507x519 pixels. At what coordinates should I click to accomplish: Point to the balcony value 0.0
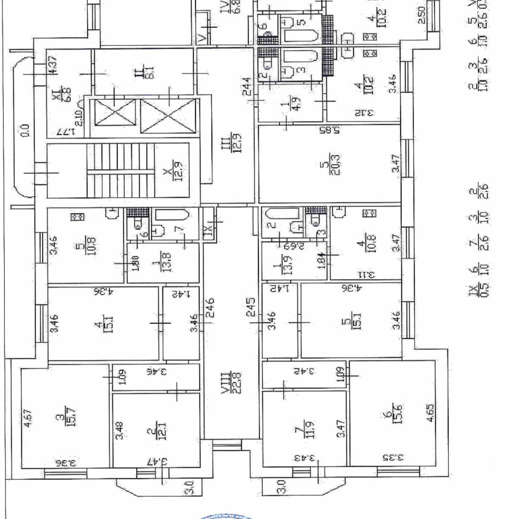[x=25, y=129]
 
